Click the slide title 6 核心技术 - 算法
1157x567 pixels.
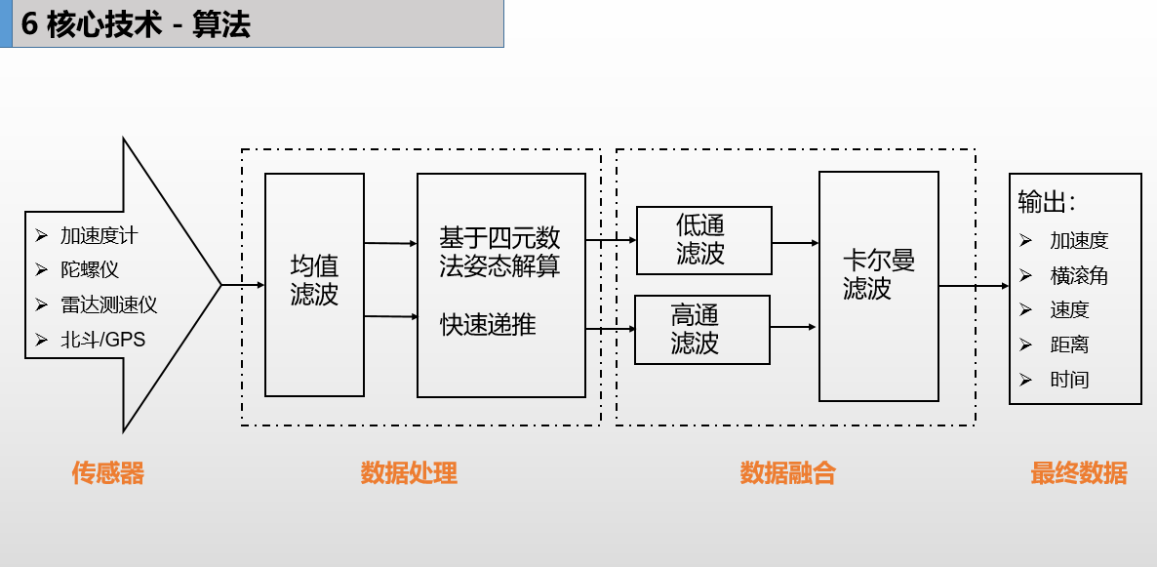point(137,24)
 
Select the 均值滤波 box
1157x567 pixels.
point(314,283)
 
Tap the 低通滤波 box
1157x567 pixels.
point(702,240)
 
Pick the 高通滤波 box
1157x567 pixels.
point(701,329)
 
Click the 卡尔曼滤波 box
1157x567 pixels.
point(878,285)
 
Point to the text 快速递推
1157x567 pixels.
point(488,325)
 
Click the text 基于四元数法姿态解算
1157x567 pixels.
point(500,252)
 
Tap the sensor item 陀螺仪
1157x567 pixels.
point(90,269)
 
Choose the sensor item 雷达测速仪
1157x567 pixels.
point(108,304)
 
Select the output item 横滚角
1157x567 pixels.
point(1079,276)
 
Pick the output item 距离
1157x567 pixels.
point(1069,344)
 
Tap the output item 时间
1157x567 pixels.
point(1069,380)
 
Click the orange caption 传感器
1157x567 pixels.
point(107,474)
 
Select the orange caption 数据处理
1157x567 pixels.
point(409,474)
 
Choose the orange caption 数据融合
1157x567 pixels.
point(787,474)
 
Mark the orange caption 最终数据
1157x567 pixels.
point(1078,474)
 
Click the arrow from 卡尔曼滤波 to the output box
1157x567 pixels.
point(974,286)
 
